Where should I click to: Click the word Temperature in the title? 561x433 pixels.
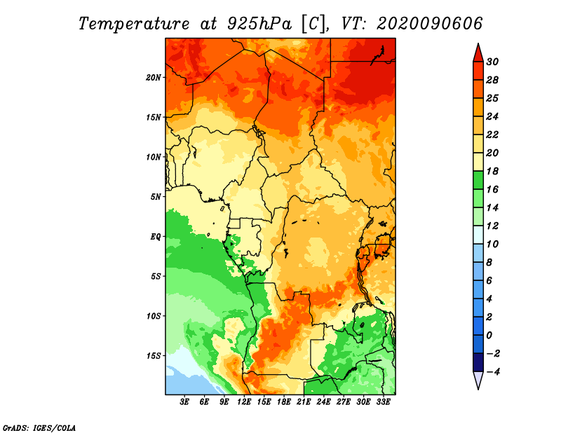pos(134,24)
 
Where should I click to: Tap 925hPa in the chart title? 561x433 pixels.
pos(259,24)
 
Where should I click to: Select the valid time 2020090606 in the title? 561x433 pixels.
pos(430,23)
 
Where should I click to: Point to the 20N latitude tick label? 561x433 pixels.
pos(154,78)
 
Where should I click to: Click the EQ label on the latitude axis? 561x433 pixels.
pos(155,237)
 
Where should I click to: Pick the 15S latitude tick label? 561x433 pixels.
pos(154,356)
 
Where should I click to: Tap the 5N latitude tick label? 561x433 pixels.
pos(156,197)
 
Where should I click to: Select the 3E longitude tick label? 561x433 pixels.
pos(184,402)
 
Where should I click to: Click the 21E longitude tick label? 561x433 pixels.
pos(304,402)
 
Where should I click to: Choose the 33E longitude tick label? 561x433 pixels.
pos(383,402)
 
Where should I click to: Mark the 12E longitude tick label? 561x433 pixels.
pos(243,402)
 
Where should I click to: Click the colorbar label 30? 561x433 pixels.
pos(492,62)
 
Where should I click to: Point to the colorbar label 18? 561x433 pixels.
pos(492,171)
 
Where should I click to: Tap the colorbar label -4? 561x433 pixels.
pos(493,372)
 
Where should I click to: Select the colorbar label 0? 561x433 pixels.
pos(489,336)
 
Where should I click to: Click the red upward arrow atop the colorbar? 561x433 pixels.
pos(478,53)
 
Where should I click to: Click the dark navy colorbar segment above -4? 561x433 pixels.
pos(478,362)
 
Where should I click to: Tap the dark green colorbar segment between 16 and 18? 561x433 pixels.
pos(478,180)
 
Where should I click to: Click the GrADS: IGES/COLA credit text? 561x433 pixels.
pos(39,427)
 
